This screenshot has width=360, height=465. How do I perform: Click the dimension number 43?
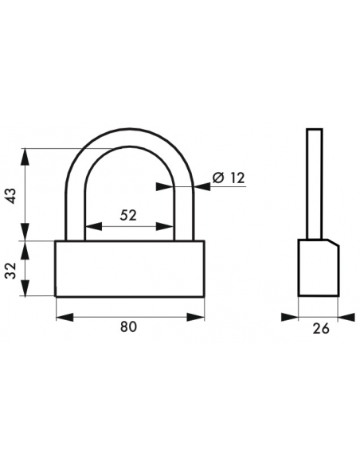click(x=12, y=195)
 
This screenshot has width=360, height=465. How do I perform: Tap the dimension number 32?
click(x=10, y=271)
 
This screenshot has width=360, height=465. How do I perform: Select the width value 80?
click(x=129, y=326)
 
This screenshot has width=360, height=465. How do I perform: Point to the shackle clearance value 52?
click(x=128, y=215)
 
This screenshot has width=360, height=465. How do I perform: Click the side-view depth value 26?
click(x=321, y=329)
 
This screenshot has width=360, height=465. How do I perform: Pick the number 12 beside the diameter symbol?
click(x=237, y=178)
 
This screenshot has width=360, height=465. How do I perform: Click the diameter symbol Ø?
click(x=218, y=178)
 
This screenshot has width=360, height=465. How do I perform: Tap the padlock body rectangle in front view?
click(x=130, y=268)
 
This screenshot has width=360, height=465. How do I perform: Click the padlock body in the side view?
click(x=319, y=268)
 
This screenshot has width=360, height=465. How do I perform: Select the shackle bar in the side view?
click(x=315, y=184)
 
